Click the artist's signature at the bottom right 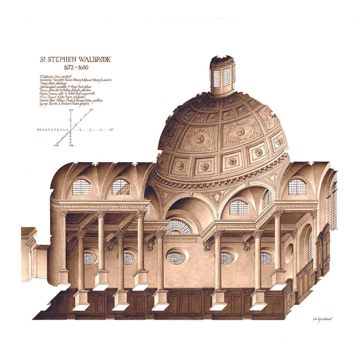321,319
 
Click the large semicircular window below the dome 179,227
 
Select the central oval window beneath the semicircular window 175,258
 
